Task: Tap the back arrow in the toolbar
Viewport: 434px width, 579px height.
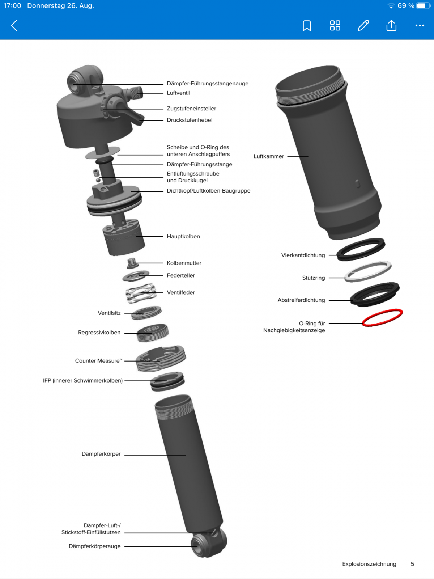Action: click(x=14, y=26)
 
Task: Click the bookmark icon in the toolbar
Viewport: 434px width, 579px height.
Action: click(x=307, y=26)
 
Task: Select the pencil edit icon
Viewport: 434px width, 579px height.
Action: click(x=363, y=26)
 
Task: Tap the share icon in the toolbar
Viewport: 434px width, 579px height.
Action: click(x=391, y=25)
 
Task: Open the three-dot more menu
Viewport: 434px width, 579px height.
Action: click(x=420, y=26)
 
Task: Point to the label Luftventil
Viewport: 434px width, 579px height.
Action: click(x=178, y=93)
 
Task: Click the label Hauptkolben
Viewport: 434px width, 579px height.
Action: click(x=183, y=236)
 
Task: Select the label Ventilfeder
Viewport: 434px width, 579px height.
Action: click(x=181, y=292)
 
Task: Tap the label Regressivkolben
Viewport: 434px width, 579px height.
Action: click(x=99, y=332)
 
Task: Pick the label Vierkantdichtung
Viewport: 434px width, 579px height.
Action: click(x=303, y=255)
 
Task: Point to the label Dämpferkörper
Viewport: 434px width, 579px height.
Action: click(x=101, y=454)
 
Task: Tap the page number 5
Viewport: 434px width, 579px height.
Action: click(x=412, y=564)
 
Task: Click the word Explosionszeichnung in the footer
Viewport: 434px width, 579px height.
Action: click(x=369, y=564)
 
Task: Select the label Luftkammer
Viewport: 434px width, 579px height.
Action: click(x=269, y=156)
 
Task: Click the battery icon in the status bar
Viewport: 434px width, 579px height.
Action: click(x=423, y=5)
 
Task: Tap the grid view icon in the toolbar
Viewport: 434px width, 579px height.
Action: click(x=335, y=26)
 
